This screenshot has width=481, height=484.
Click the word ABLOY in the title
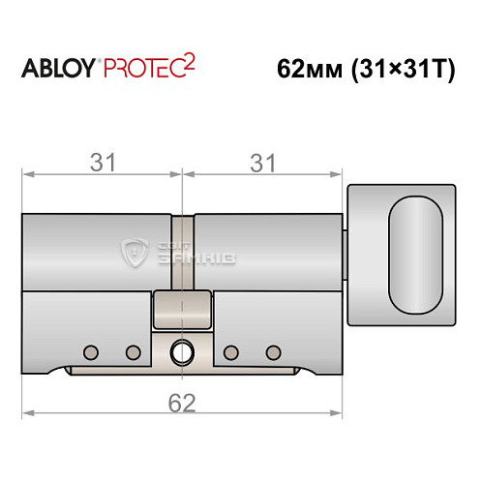(57, 69)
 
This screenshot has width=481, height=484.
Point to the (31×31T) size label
(402, 70)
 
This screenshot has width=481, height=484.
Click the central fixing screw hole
(182, 350)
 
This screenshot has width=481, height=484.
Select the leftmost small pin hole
(90, 350)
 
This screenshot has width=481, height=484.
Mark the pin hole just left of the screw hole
(133, 350)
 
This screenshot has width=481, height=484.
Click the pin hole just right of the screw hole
(230, 350)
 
